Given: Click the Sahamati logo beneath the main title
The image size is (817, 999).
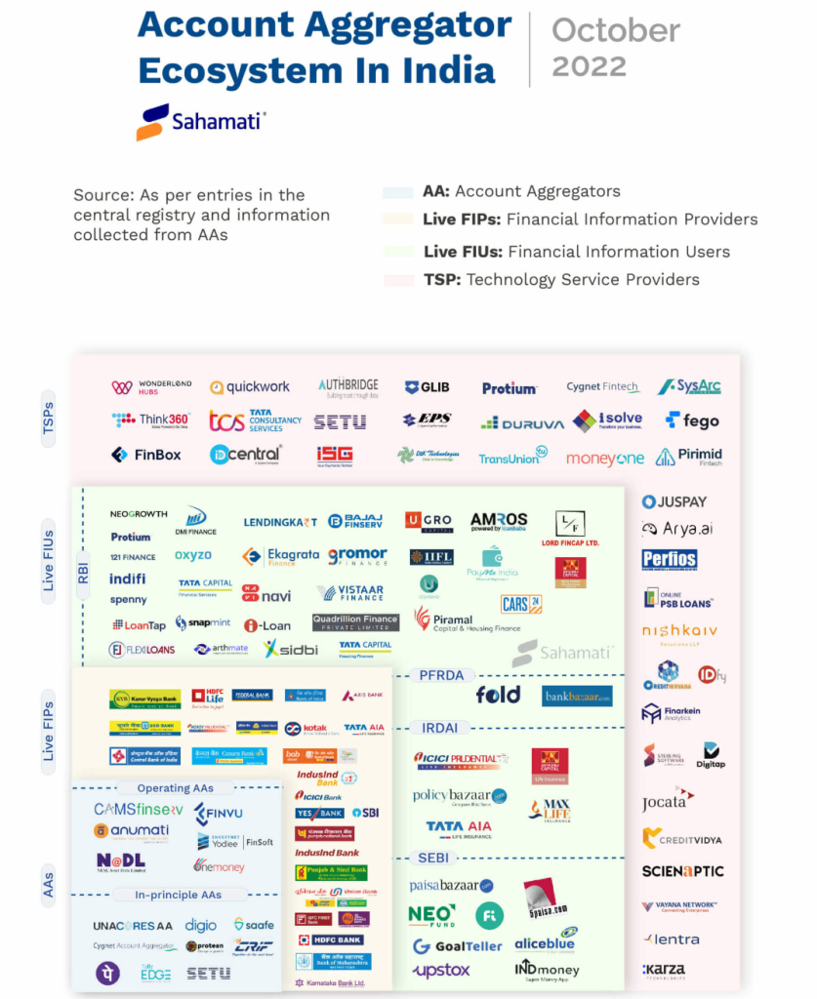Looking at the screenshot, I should [x=201, y=122].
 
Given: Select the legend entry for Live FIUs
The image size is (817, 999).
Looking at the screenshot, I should [x=576, y=252].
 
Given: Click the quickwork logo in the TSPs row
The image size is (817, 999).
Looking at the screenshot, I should [x=250, y=387].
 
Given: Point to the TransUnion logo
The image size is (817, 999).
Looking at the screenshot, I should [x=512, y=457].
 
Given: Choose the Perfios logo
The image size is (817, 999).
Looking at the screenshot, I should [x=670, y=560].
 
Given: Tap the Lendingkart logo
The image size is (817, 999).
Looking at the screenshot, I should [x=280, y=522].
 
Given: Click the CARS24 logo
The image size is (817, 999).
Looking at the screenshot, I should [x=520, y=605].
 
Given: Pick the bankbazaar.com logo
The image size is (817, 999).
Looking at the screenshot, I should [x=577, y=696].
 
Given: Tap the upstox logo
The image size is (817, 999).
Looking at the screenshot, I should [x=441, y=971].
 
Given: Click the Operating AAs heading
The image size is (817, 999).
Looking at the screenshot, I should [x=176, y=788].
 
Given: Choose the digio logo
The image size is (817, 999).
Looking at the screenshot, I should [x=201, y=925].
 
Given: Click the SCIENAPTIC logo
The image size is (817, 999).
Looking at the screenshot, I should [x=682, y=871].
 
